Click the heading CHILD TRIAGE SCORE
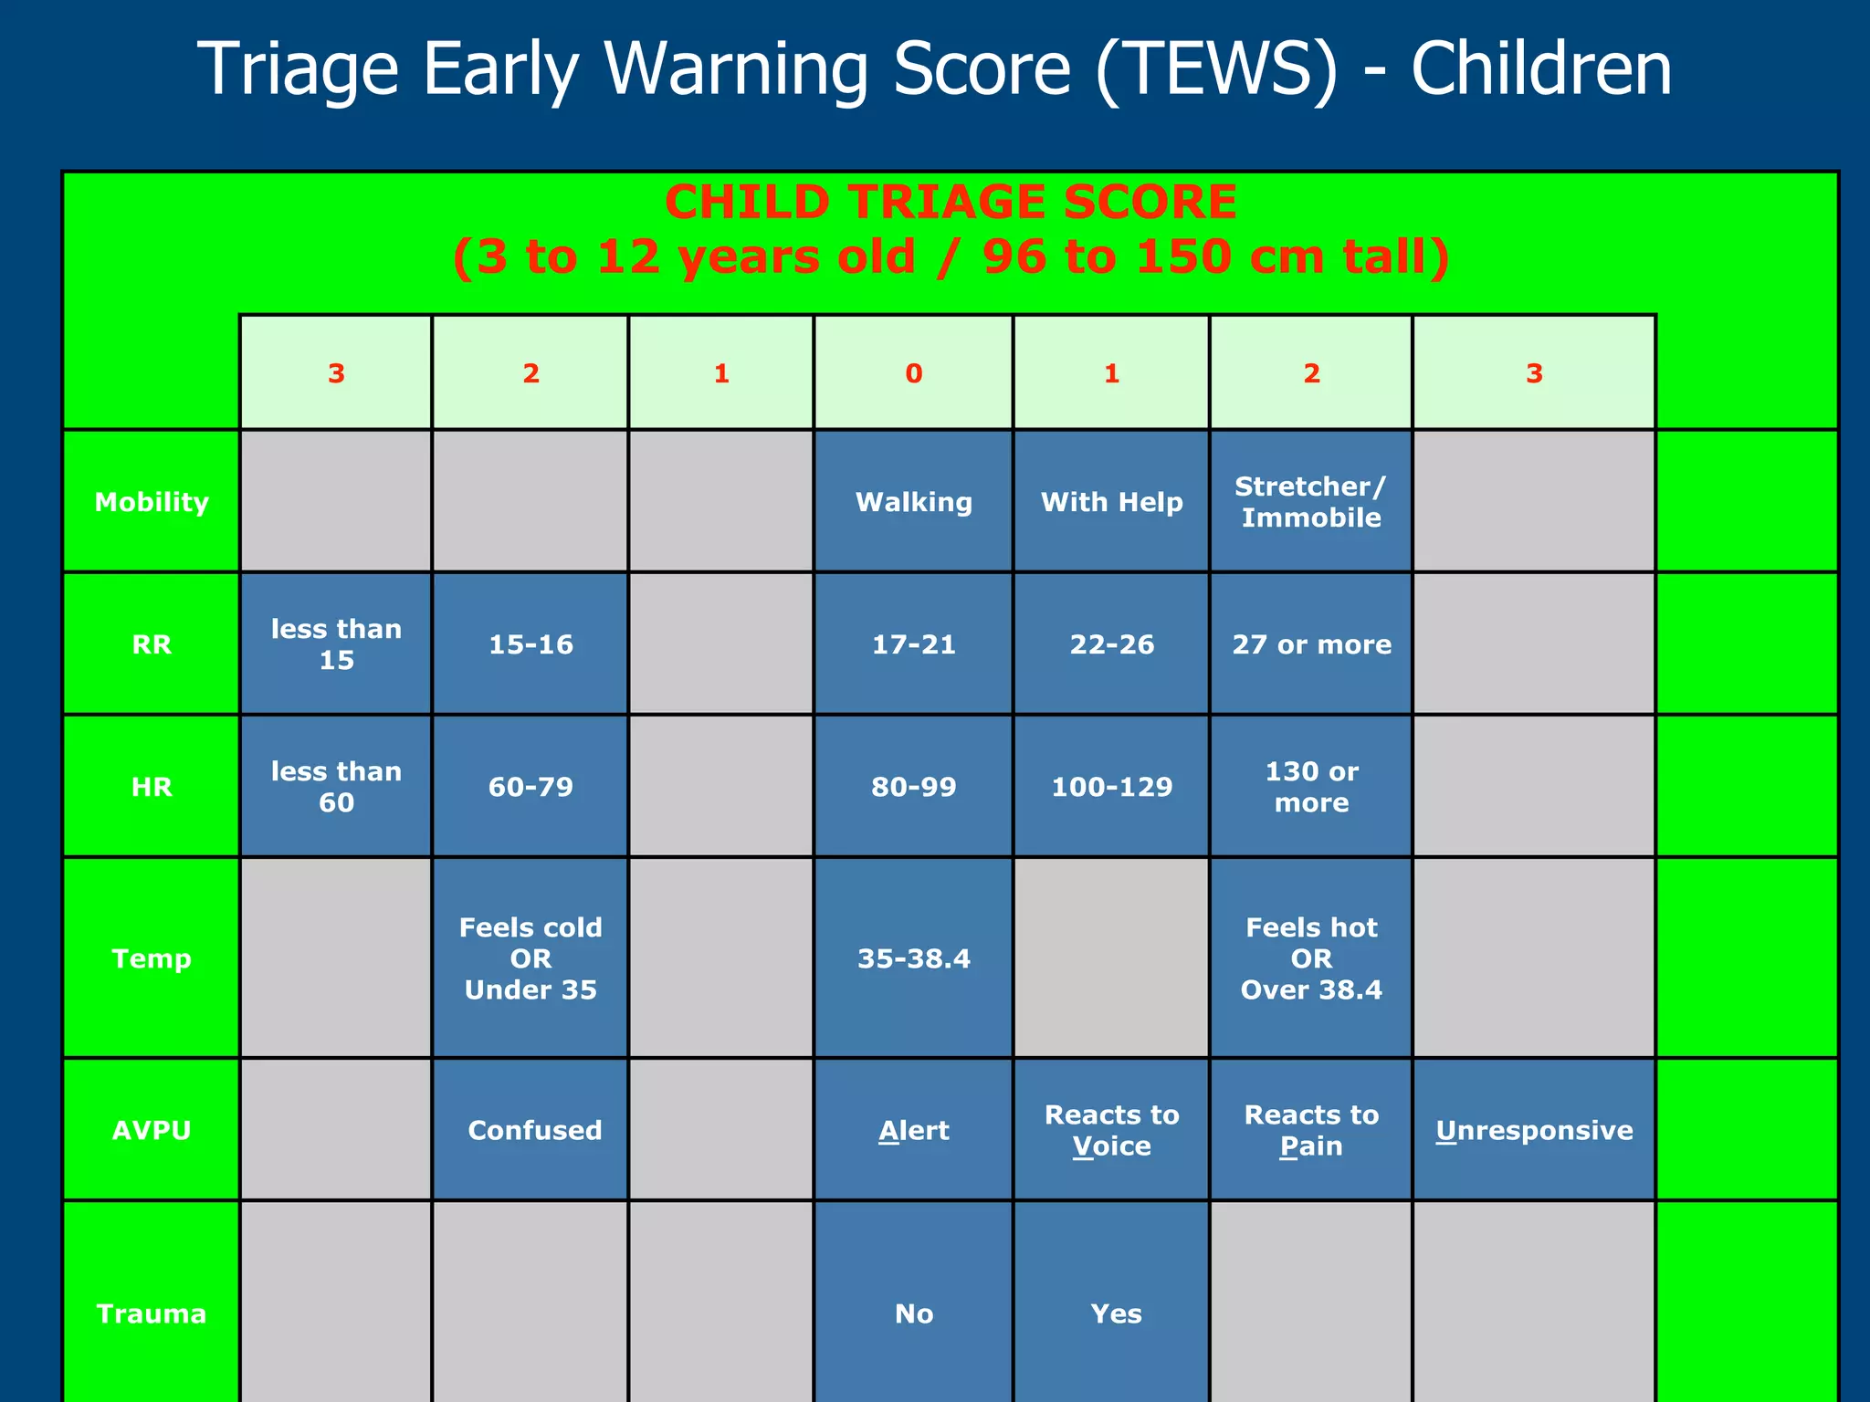pos(951,202)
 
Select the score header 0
pos(913,373)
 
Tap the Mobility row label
pos(152,502)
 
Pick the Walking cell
pos(913,502)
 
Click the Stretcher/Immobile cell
pos(1310,502)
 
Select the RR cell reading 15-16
pos(531,644)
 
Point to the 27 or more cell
pos(1311,644)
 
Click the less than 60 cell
pos(336,787)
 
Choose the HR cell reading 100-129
pos(1111,787)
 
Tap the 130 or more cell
pos(1311,787)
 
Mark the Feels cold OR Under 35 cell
pos(531,958)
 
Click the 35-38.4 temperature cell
pos(913,958)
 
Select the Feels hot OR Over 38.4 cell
pos(1311,958)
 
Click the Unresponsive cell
pos(1534,1130)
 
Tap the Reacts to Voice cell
pos(1111,1130)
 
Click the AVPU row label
pos(152,1130)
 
